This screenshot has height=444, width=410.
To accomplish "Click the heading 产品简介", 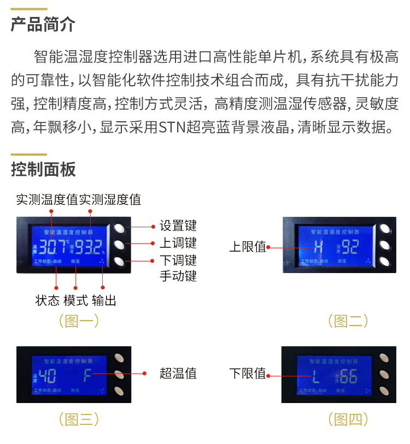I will pos(43,25).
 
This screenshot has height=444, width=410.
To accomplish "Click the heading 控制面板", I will pos(43,170).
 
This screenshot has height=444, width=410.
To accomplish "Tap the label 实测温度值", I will pos(47,199).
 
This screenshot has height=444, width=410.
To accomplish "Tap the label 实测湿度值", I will pos(110,199).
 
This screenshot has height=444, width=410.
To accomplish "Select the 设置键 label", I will pos(178,226).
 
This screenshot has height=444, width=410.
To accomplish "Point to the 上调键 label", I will pos(178,242).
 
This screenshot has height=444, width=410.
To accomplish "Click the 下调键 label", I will pos(178,260).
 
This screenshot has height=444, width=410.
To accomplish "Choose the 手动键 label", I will pos(178,276).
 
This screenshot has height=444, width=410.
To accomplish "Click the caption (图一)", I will pos(79,321).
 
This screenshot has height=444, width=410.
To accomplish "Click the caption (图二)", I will pos(348,321).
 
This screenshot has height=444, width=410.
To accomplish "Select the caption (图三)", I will pos(79,419).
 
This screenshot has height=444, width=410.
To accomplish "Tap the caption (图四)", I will pos(348,419).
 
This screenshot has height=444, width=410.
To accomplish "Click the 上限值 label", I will pos(247,247).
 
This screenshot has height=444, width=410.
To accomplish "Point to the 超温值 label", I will pos(178,374).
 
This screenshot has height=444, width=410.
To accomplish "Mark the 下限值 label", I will pos(247,374).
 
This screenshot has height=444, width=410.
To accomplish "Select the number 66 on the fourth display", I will pos(348,376).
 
